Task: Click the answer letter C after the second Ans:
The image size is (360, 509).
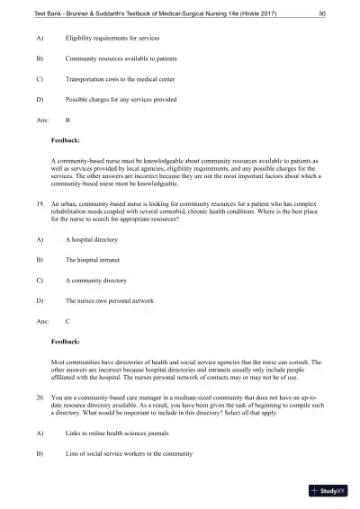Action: (x=68, y=320)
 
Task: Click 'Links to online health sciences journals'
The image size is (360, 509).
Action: (x=117, y=433)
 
